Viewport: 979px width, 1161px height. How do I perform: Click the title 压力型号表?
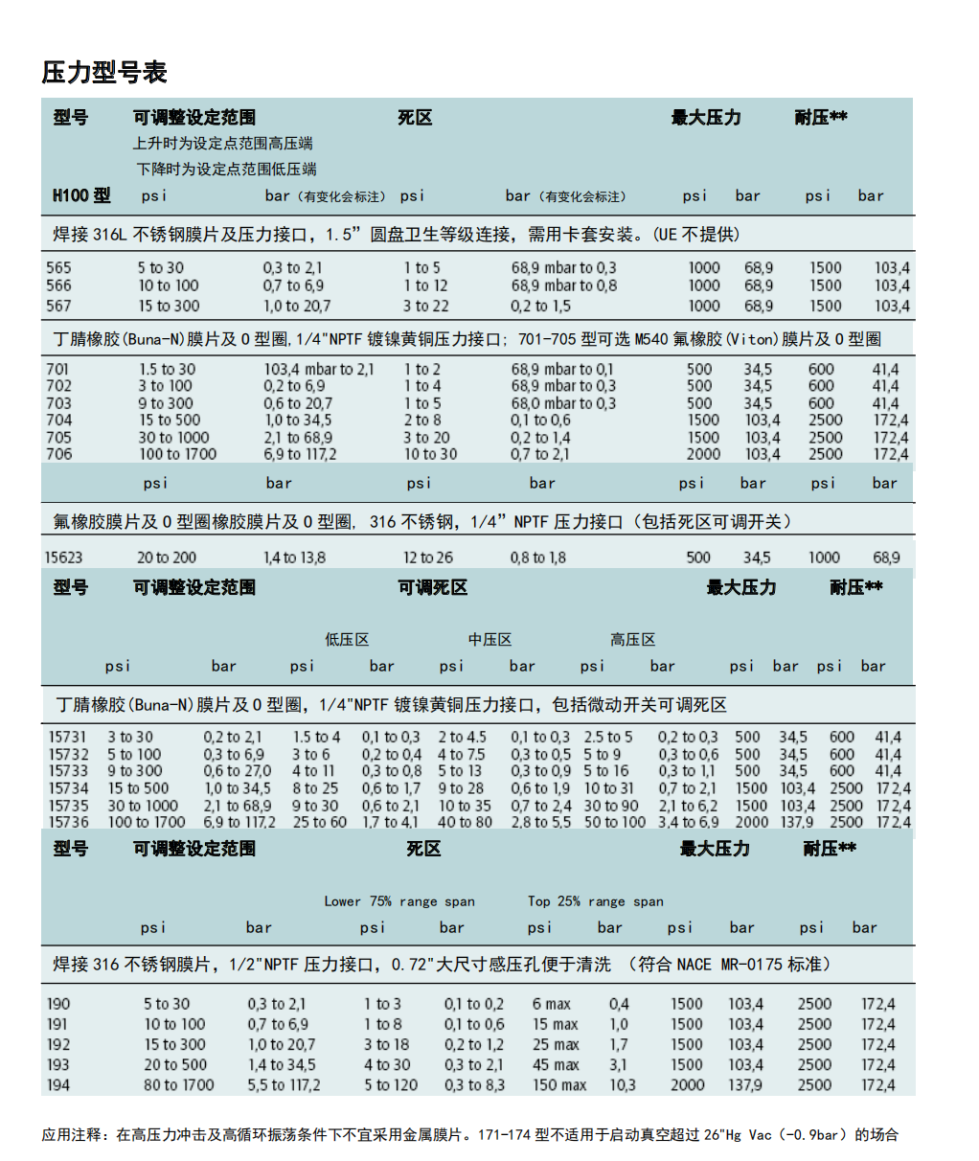[x=104, y=72]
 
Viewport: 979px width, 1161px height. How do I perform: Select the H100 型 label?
[x=81, y=195]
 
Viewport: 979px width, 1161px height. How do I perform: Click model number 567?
[x=58, y=306]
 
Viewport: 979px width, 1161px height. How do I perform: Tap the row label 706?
[x=58, y=454]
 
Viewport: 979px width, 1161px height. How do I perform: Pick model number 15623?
[x=63, y=558]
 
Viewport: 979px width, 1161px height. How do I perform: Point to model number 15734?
[x=69, y=788]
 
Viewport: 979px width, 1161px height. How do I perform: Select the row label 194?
[x=58, y=1084]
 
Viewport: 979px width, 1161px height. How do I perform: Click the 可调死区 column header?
[x=433, y=587]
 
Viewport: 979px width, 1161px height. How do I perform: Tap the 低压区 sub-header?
[x=347, y=639]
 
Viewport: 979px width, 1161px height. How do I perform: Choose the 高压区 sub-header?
[x=633, y=639]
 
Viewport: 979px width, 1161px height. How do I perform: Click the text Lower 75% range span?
[x=399, y=901]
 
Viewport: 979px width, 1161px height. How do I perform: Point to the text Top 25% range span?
[x=596, y=901]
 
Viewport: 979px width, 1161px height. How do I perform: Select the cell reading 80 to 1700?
[x=179, y=1084]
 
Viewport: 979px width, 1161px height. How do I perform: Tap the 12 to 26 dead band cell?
[x=428, y=558]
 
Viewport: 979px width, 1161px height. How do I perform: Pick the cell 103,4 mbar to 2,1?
[x=319, y=369]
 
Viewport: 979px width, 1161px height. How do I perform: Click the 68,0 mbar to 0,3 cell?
[x=563, y=403]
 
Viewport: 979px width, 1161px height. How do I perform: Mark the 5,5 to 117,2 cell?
[x=284, y=1084]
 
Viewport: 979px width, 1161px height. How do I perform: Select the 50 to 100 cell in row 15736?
[x=615, y=822]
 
